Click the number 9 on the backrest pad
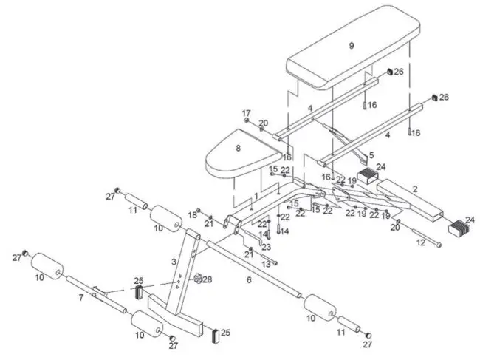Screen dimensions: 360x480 352,46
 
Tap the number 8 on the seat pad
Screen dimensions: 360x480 238,148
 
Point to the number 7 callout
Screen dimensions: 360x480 81,297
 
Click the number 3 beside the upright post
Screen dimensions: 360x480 174,262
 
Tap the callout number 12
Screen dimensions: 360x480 420,242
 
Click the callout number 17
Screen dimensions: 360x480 247,113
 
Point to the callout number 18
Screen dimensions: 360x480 192,214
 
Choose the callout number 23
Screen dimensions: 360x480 266,247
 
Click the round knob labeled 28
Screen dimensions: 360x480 197,279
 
